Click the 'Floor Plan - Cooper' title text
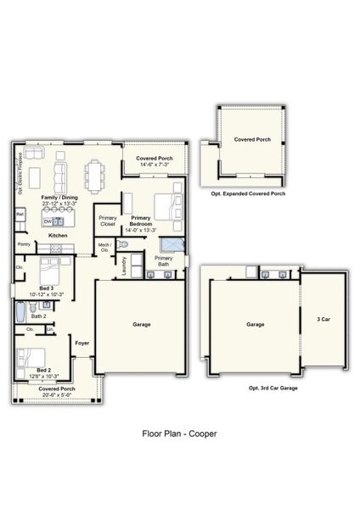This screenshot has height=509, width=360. point(179,433)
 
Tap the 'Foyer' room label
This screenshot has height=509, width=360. point(82,344)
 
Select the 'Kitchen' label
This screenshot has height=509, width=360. point(58,235)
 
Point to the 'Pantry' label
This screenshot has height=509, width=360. point(23,244)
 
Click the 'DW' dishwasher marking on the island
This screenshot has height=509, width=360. point(48,221)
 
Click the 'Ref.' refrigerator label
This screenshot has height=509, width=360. point(20,215)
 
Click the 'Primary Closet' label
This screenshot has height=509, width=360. point(107,221)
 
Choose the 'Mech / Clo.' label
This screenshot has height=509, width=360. point(104,248)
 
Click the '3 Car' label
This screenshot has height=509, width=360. point(323,320)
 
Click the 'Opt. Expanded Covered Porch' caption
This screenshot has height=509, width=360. point(248,194)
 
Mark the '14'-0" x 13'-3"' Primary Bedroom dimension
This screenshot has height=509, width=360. point(141,230)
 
